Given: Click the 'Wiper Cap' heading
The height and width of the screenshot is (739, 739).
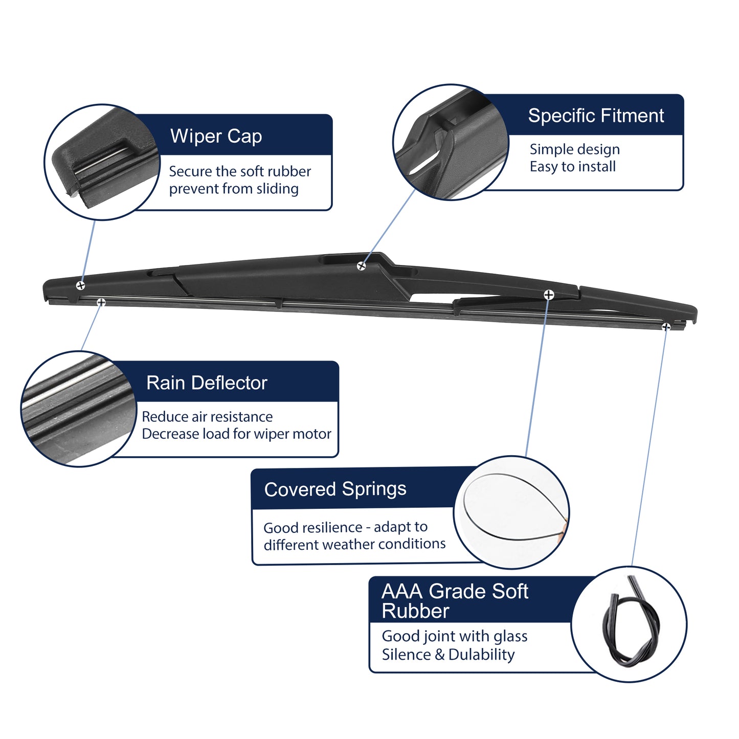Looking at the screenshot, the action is pos(216,137).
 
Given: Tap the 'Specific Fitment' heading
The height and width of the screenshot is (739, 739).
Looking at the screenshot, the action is pos(596,116).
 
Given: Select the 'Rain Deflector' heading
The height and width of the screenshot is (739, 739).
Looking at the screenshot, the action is pos(207,383).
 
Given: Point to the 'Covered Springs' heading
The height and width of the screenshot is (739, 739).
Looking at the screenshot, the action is pos(335,489).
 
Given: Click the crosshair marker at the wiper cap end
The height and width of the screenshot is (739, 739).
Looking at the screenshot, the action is pos(80,285).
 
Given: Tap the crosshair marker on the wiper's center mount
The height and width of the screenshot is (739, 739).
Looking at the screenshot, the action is pos(361,266).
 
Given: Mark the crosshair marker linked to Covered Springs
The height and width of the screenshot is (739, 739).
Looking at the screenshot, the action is pos(549,295).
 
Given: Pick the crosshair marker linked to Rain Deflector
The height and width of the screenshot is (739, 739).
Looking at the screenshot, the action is pos(101,302).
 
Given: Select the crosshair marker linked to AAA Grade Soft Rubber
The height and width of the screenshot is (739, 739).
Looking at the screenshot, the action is pos(666,326).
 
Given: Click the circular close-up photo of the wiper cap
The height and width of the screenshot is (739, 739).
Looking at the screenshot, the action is pos(102,162).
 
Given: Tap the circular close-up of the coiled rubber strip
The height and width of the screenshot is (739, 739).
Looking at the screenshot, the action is pos(629,624).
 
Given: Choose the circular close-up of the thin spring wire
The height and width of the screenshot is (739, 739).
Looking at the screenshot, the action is pos(511,512).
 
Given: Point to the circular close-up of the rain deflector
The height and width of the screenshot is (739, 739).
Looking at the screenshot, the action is pos(79,409).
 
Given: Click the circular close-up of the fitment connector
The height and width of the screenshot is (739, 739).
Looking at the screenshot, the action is pos(451,142).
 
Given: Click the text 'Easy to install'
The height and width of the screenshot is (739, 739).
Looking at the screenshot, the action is pos(573,166).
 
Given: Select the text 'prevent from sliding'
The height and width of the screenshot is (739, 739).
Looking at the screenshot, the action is pos(234,189).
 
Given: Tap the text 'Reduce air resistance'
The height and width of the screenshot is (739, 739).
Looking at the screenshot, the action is pos(207,416).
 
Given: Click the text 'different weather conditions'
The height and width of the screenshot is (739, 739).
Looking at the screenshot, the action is pos(354,544).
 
